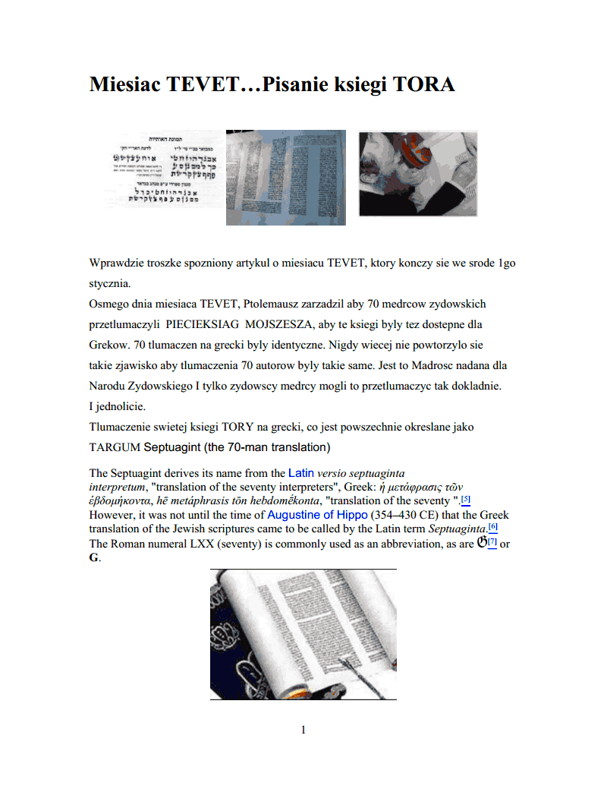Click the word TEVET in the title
pyautogui.click(x=203, y=84)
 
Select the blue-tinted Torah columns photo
pyautogui.click(x=286, y=178)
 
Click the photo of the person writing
pyautogui.click(x=417, y=174)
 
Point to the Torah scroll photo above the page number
pyautogui.click(x=303, y=634)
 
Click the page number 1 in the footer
pyautogui.click(x=303, y=731)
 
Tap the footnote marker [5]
pyautogui.click(x=466, y=499)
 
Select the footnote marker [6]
pyautogui.click(x=492, y=527)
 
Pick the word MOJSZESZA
pyautogui.click(x=272, y=324)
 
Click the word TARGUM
pyautogui.click(x=115, y=447)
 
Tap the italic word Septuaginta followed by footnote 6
pyautogui.click(x=458, y=529)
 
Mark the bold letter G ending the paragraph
pyautogui.click(x=94, y=558)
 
